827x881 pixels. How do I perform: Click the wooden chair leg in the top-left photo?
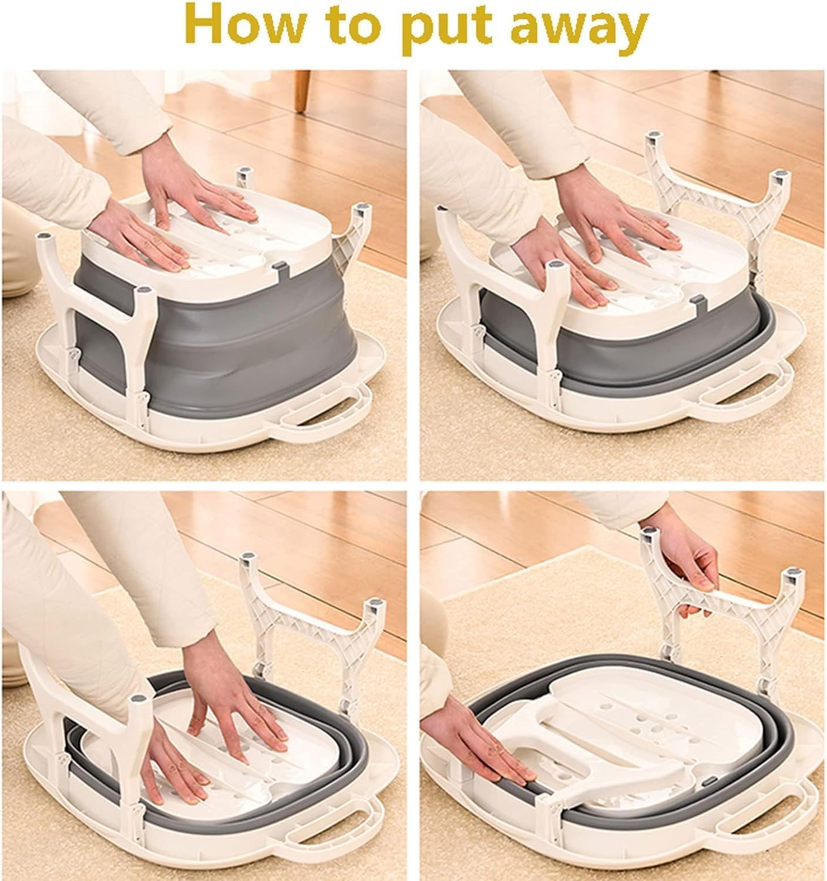(302, 91)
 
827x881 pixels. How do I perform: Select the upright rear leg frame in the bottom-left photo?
(311, 630)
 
